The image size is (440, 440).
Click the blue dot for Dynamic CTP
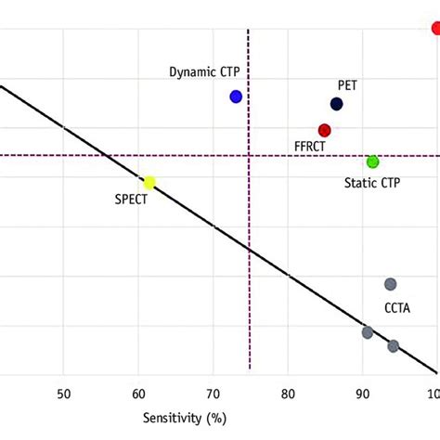[x=236, y=97]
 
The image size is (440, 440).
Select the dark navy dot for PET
[x=336, y=104]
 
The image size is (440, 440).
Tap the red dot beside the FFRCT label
[x=324, y=131]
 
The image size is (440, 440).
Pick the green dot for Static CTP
[x=372, y=162]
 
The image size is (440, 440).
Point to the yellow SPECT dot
[x=149, y=182]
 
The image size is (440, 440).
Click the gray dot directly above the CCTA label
[x=391, y=284]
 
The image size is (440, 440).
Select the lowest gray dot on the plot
[x=394, y=346]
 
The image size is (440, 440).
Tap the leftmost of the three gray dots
[x=368, y=332]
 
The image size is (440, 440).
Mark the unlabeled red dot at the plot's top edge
[x=435, y=28]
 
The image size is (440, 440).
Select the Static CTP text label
[x=372, y=183]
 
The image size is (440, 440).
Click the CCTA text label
[x=397, y=308]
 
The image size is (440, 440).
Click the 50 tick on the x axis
[x=63, y=393]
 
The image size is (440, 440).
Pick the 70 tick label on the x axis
[x=214, y=393]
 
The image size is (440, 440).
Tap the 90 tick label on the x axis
[x=363, y=393]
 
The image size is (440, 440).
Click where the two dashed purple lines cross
[x=249, y=156]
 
